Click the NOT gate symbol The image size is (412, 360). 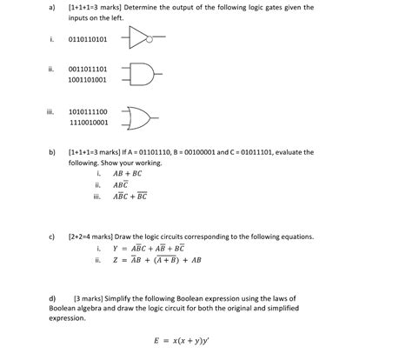coord(141,39)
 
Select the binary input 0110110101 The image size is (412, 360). coord(87,39)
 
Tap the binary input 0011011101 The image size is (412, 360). coord(87,68)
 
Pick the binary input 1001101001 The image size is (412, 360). coord(87,79)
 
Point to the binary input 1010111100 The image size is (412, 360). coord(87,111)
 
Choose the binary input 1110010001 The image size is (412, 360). coord(87,123)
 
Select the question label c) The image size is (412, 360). coord(52,236)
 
